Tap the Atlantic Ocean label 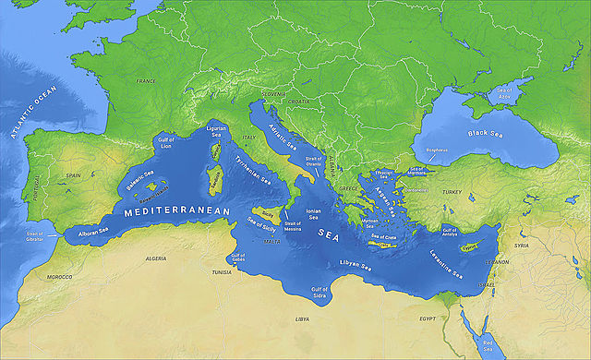(x=32, y=112)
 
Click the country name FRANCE (x=146, y=81)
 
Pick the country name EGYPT (x=428, y=318)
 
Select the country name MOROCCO (x=59, y=276)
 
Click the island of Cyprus (x=471, y=246)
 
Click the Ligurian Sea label (x=215, y=130)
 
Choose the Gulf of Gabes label (x=238, y=260)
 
